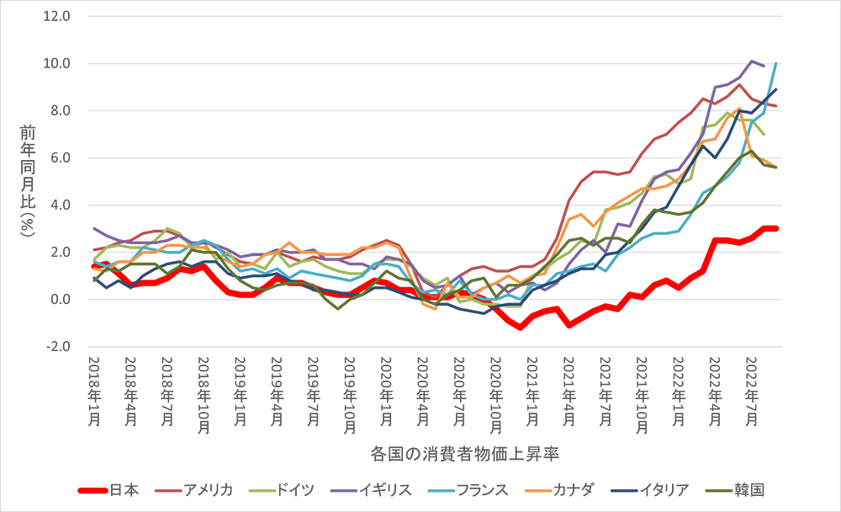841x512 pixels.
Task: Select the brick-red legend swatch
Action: pyautogui.click(x=167, y=476)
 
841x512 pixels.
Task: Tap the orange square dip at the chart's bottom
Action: pyautogui.click(x=428, y=314)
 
